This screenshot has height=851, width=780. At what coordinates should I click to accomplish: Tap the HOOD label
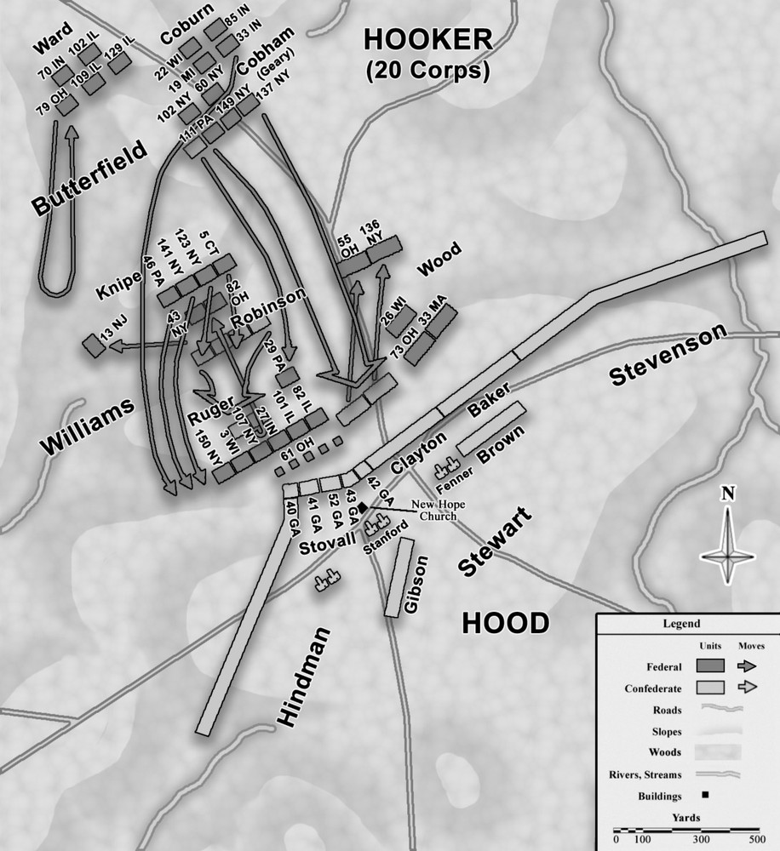pos(505,624)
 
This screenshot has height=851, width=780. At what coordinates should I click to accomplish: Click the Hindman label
pos(302,677)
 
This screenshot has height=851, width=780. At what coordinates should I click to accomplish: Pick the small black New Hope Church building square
pos(363,507)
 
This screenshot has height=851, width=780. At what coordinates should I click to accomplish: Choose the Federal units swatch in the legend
pos(709,665)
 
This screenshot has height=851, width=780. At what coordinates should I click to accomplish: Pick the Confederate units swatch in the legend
pos(709,686)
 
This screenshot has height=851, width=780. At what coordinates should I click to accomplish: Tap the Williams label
pos(86,425)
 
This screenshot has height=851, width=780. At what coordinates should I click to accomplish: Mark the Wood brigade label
pos(439,255)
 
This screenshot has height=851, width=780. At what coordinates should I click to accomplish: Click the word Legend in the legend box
pos(680,624)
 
